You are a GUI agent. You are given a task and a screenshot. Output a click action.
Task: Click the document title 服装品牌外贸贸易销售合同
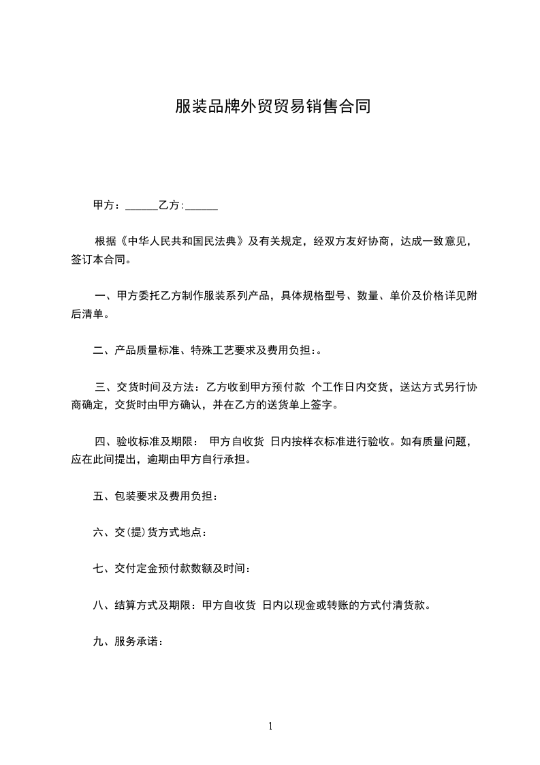coord(272,106)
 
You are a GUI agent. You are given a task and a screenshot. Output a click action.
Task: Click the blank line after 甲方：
coord(142,205)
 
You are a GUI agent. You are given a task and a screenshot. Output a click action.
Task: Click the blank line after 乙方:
coord(202,205)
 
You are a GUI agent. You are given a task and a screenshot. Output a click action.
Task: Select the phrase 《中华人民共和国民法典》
coord(181,241)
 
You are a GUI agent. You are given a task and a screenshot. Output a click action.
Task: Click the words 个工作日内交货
coord(349,387)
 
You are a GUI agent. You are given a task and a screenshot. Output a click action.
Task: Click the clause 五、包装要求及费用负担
coord(155,496)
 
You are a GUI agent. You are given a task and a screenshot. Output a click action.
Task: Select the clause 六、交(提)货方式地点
coord(149,532)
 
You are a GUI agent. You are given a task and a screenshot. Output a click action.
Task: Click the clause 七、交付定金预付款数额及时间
coord(174,569)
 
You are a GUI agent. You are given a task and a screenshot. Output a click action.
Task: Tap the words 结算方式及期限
coord(152,605)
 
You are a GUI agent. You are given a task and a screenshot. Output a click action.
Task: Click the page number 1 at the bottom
coord(270,726)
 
